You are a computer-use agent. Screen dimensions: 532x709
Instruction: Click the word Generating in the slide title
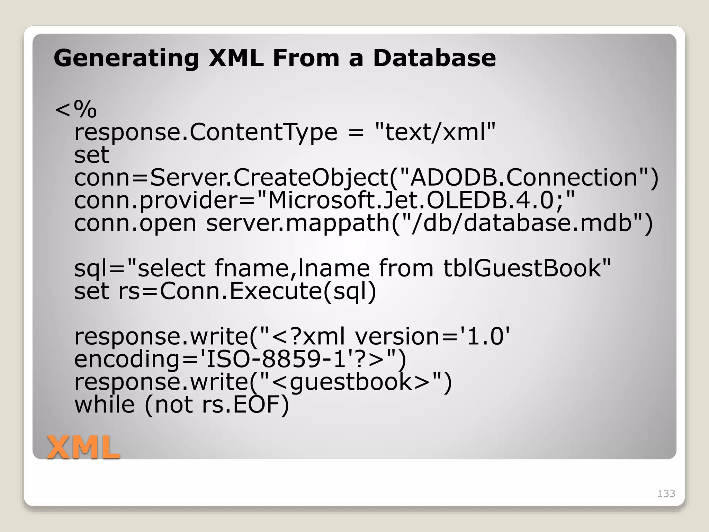coord(126,58)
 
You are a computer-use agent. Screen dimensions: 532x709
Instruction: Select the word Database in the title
coord(434,58)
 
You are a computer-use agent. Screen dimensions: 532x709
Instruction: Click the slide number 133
coord(666,494)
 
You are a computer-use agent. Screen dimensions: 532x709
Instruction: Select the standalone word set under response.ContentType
coord(92,155)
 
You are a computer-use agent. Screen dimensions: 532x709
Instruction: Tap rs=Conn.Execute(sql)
coord(247,291)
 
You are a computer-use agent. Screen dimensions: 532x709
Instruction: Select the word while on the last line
coord(105,405)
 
